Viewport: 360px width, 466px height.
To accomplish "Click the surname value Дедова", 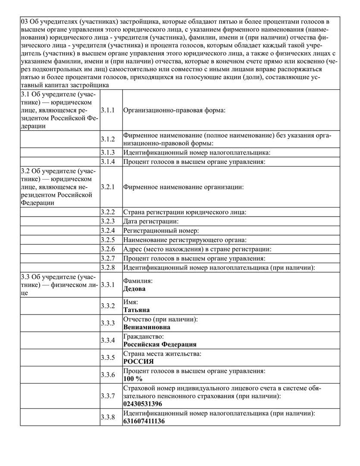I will click(x=135, y=289).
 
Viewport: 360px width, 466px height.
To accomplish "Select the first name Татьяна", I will click(x=137, y=310).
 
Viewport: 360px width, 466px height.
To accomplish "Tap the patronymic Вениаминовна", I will click(x=147, y=327).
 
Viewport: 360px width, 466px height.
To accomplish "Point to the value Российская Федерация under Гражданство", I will click(x=160, y=344).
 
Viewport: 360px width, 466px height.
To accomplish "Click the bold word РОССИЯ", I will click(x=138, y=362).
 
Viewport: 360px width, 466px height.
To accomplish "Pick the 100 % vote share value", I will click(x=133, y=379).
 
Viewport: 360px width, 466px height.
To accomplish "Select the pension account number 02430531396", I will click(x=143, y=404).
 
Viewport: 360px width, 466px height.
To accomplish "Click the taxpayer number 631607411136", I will click(x=144, y=421).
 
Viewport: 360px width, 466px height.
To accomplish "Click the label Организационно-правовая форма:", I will click(x=175, y=110).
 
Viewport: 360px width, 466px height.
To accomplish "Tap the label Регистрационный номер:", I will click(x=161, y=231).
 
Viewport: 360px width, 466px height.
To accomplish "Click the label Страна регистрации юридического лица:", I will click(x=185, y=212).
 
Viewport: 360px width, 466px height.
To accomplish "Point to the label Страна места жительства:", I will click(x=162, y=354).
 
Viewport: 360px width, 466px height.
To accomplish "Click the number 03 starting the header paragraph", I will click(x=25, y=22).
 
